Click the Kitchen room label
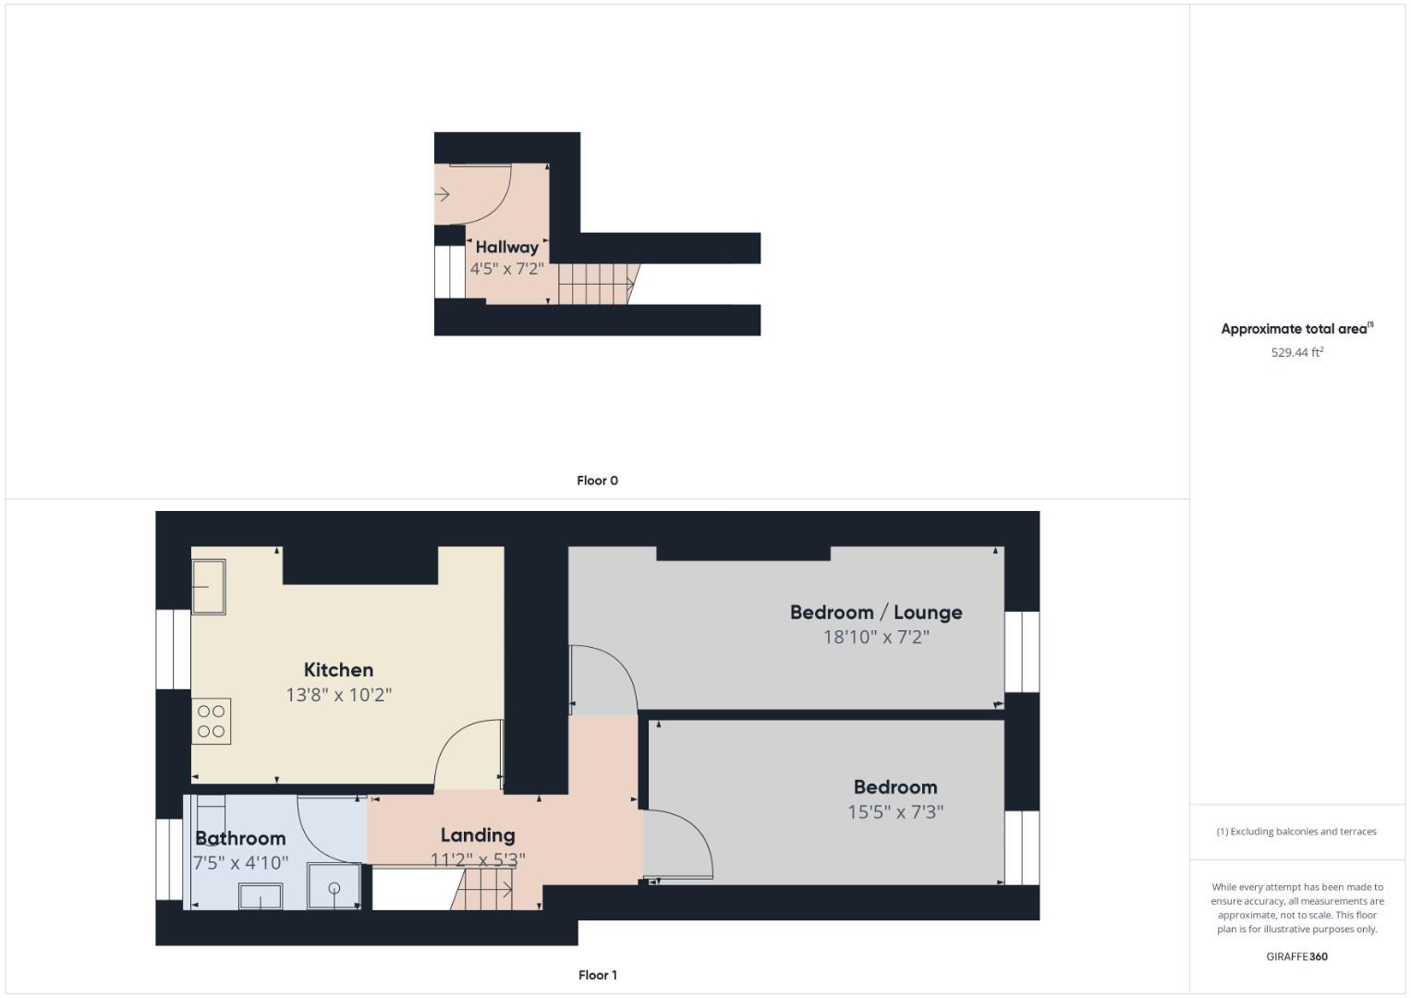[x=338, y=670]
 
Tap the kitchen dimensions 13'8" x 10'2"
[x=338, y=695]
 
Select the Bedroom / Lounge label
[x=875, y=612]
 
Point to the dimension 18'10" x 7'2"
[x=875, y=637]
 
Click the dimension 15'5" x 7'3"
[x=894, y=812]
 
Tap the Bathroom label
[x=240, y=838]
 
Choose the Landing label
[x=477, y=835]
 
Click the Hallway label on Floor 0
[x=506, y=247]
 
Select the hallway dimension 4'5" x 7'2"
[x=506, y=269]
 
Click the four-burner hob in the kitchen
[x=211, y=722]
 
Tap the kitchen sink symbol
[x=208, y=587]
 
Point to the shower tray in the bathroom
[x=334, y=887]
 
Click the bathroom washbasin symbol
[x=261, y=896]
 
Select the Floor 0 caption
[x=597, y=481]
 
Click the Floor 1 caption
[x=597, y=975]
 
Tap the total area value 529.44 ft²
[x=1296, y=352]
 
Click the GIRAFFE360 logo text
[x=1296, y=956]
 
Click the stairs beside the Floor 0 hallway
[x=595, y=283]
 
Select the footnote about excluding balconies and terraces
[x=1296, y=832]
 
